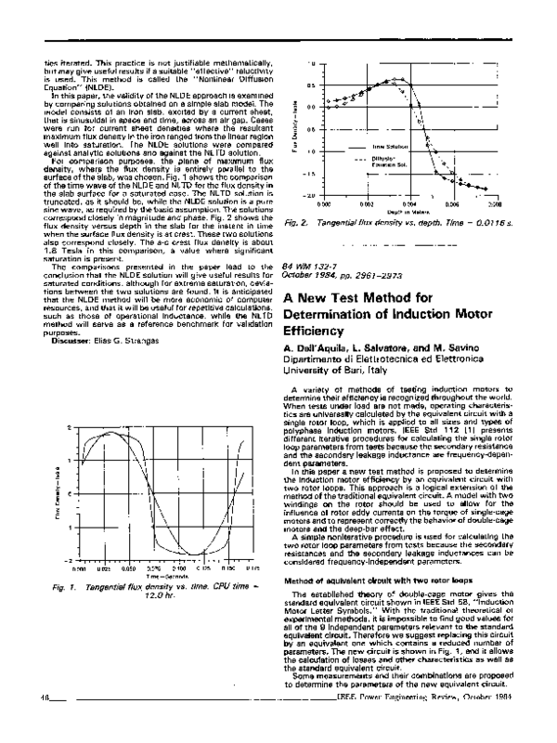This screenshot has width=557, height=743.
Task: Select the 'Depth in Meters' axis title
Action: [409, 211]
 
